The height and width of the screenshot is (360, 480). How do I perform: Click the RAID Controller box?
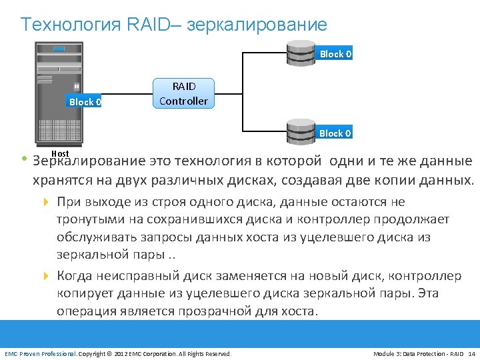click(183, 94)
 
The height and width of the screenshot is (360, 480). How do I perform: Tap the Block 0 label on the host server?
click(85, 102)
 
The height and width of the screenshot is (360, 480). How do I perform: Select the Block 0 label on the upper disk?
click(335, 54)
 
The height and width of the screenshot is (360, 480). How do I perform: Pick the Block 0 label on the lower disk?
click(335, 133)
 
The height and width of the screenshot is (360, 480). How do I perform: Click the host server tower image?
click(60, 93)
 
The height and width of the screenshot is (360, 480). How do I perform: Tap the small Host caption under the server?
click(60, 154)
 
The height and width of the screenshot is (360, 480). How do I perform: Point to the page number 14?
click(471, 353)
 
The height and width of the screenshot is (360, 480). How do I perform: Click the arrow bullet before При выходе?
click(46, 202)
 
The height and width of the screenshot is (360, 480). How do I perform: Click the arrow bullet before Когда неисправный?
click(46, 276)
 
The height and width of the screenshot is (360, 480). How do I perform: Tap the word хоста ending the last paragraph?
click(299, 311)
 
